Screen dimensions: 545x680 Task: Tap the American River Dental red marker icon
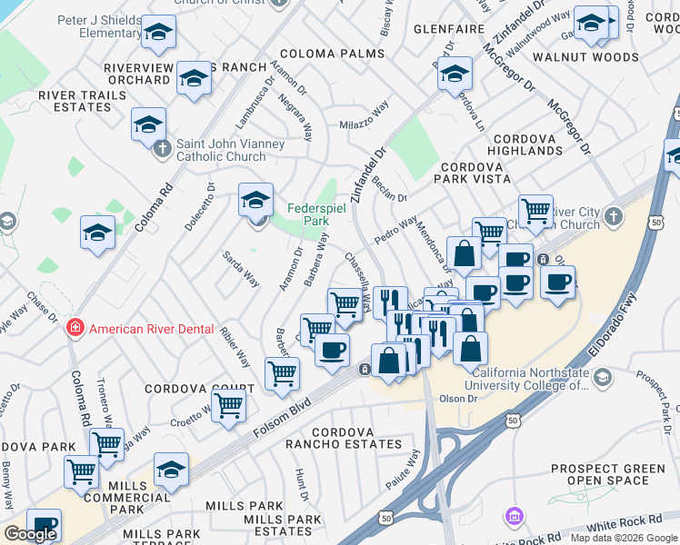(x=76, y=329)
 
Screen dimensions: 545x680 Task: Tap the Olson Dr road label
(x=458, y=398)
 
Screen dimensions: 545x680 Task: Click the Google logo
(x=30, y=534)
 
